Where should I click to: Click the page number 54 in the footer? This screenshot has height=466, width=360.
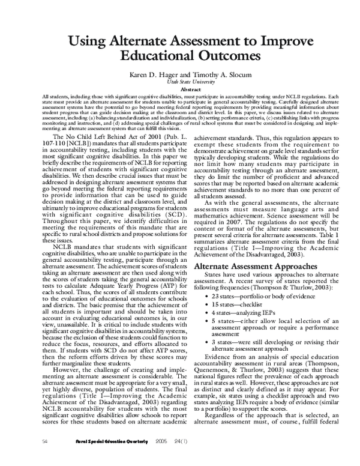(x=28, y=458)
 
